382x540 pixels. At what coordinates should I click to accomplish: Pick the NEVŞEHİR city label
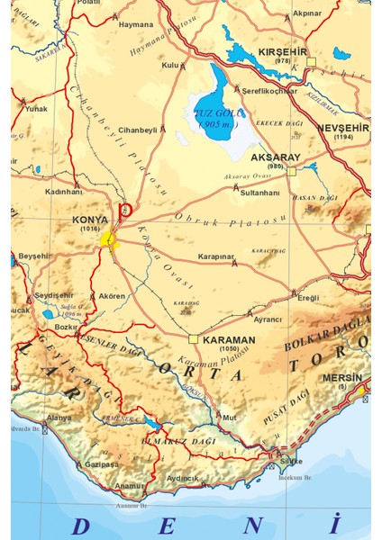(x=343, y=128)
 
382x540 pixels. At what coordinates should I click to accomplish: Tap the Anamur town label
(x=130, y=485)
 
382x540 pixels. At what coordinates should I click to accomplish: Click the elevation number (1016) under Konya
(x=89, y=229)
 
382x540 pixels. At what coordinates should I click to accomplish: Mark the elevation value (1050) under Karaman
(x=229, y=350)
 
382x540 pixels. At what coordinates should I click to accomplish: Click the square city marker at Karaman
(x=193, y=339)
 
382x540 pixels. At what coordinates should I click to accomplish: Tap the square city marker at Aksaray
(x=291, y=169)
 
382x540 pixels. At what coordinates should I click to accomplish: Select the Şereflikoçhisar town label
(x=268, y=90)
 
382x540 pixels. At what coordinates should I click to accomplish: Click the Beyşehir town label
(x=37, y=256)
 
